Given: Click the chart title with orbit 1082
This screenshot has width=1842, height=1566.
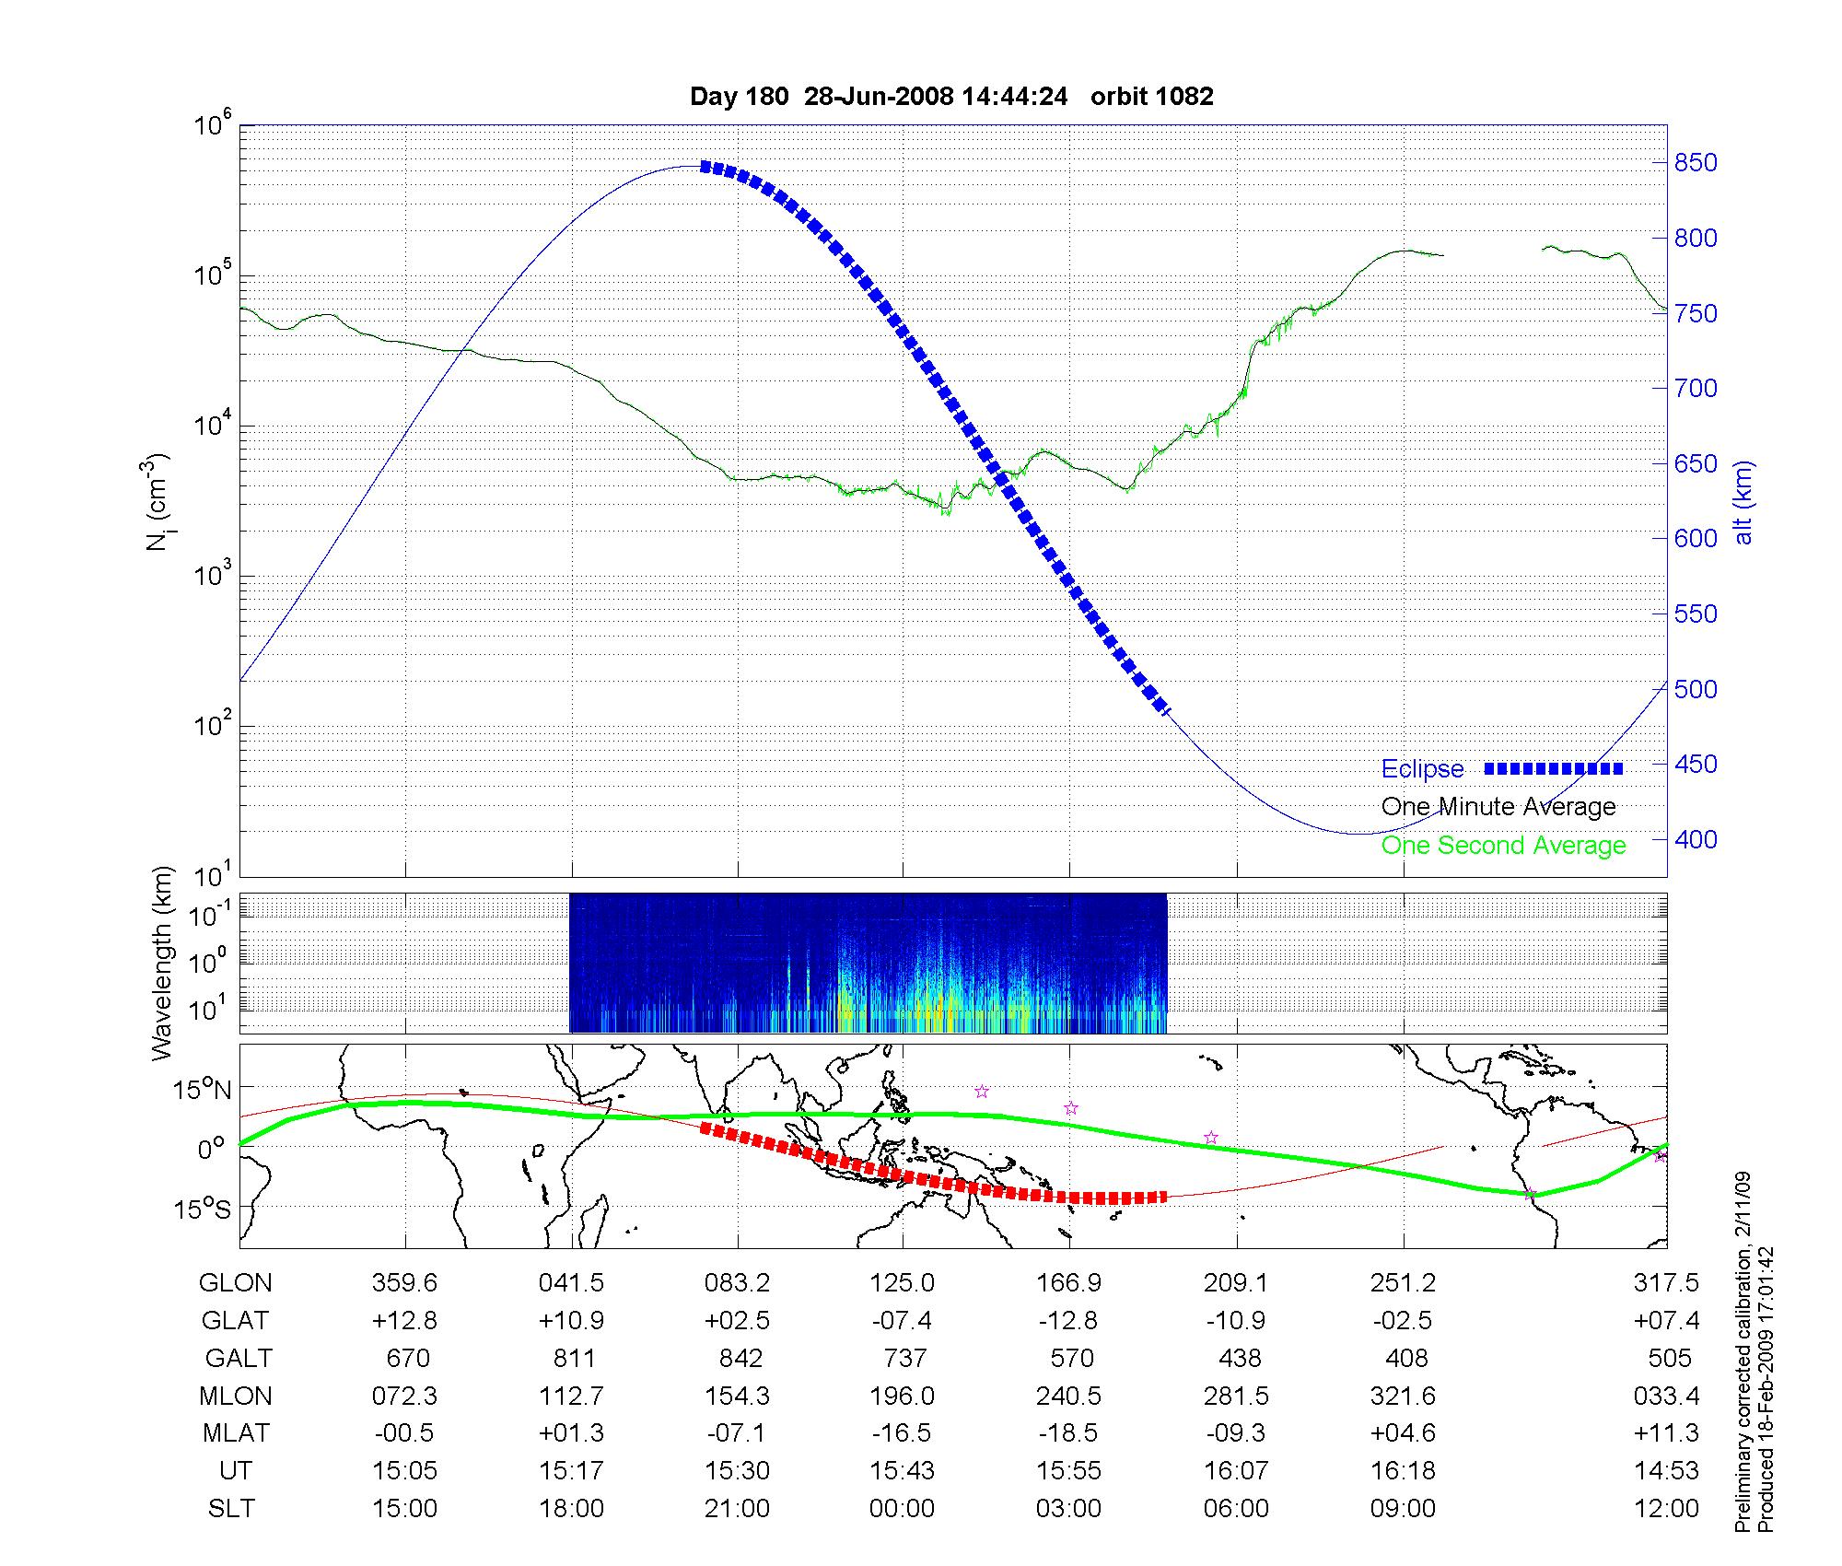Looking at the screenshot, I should point(951,97).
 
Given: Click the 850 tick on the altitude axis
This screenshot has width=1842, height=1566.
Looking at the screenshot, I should point(1696,163).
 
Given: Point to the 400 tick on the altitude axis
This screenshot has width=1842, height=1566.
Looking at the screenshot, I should point(1696,840).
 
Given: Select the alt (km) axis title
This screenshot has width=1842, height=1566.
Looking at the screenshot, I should point(1743,502).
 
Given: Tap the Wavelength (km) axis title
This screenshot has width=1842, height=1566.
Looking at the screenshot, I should point(163,964).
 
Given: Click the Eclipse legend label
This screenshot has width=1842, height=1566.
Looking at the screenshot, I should point(1422,769).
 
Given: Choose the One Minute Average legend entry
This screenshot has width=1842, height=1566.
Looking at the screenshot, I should point(1498,807).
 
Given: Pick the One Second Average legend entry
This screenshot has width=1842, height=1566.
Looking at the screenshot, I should point(1503,846).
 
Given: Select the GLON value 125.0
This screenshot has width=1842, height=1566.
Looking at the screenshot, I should point(902,1283).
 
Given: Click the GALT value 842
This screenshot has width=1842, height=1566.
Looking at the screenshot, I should point(740,1359).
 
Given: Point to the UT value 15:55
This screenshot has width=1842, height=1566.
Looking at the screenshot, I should point(1068,1471).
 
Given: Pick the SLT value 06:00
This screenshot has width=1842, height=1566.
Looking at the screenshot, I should point(1236,1509).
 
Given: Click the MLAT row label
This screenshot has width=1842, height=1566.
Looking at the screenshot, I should point(236,1433).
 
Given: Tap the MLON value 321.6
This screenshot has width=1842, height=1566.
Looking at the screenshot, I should point(1403,1397).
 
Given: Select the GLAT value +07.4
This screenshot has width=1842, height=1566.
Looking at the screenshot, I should point(1665,1321).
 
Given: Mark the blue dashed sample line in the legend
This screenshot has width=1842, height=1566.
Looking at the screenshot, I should point(1553,768).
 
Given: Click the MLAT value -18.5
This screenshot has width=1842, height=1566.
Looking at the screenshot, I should point(1068,1433).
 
